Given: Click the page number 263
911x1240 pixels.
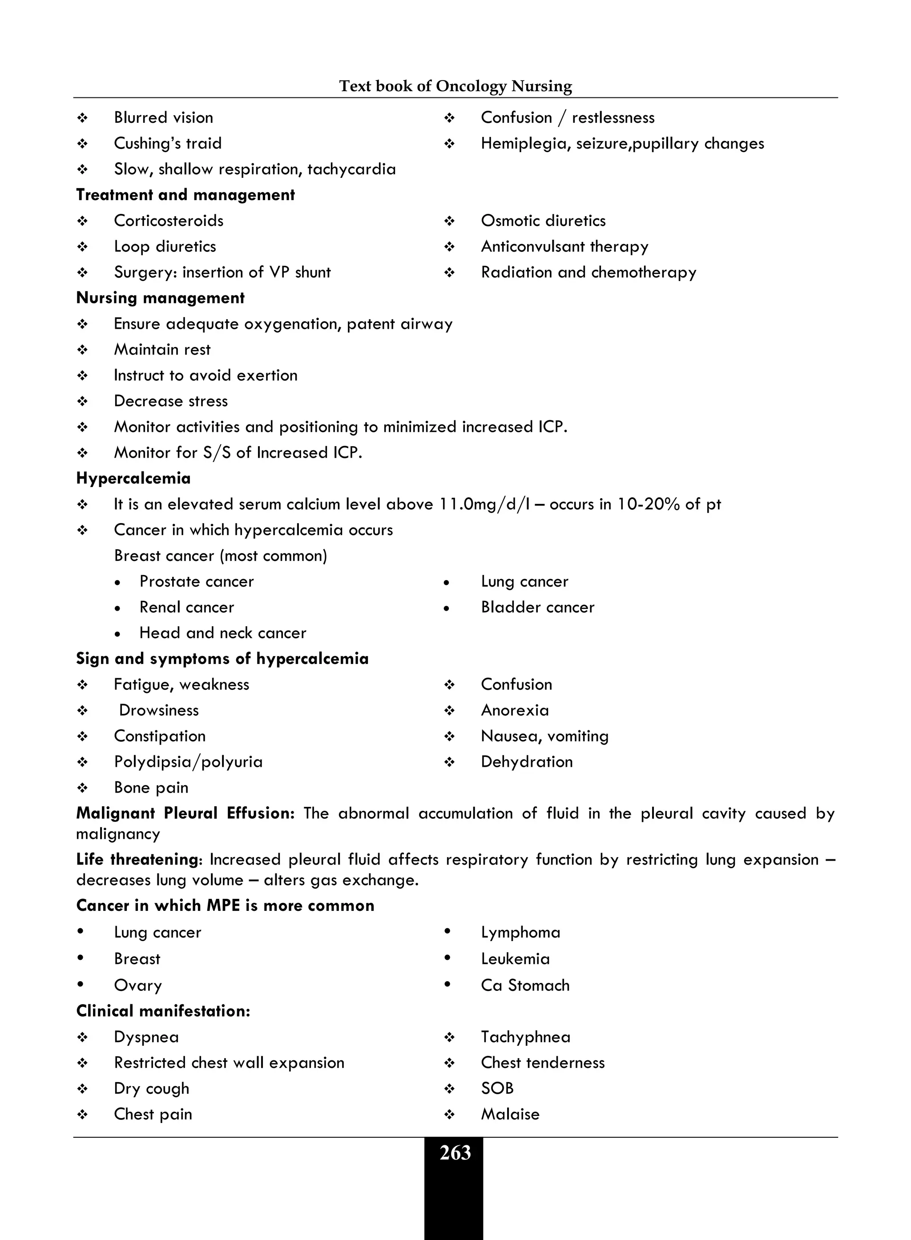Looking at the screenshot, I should tap(455, 1153).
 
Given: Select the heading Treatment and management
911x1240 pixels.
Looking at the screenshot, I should tap(185, 195).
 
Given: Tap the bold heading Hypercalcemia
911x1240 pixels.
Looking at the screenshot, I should tap(133, 478).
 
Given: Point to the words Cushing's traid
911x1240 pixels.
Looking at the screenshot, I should tap(168, 143).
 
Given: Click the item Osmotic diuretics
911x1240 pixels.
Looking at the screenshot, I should tap(543, 221).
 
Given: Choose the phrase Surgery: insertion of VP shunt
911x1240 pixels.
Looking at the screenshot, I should tap(222, 272).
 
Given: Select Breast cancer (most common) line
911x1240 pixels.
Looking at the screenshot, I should tap(220, 556).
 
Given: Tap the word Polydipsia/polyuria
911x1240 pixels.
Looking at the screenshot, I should tap(188, 762).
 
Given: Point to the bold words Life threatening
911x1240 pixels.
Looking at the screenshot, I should tap(137, 860).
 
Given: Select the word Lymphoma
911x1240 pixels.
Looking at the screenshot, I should tap(520, 932).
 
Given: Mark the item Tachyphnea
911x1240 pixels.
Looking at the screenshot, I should tap(525, 1037).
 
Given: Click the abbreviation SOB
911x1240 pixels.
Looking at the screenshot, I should tap(497, 1088).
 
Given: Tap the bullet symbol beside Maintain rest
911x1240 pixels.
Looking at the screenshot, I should tap(83, 350).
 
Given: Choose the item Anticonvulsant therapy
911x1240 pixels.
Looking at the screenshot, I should tap(564, 246).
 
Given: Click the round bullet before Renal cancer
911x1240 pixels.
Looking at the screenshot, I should tap(117, 608).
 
